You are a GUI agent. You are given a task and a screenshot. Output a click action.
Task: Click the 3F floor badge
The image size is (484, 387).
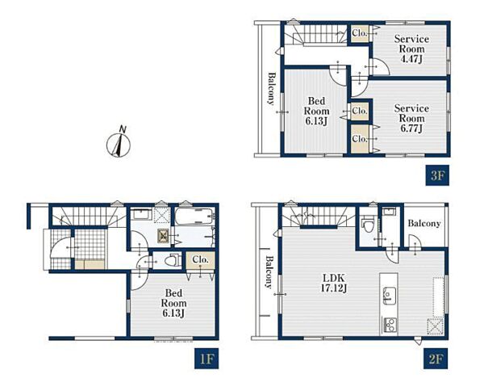[x=437, y=175]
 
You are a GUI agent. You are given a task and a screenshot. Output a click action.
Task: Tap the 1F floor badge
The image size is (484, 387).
[x=207, y=359]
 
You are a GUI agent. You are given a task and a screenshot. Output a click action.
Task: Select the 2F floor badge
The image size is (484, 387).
[x=436, y=359]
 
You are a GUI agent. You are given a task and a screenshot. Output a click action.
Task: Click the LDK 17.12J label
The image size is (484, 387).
[x=334, y=283]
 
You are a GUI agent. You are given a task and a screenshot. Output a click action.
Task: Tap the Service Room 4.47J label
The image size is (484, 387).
[x=411, y=48]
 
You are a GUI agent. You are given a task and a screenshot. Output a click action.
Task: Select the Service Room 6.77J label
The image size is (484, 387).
[x=411, y=119]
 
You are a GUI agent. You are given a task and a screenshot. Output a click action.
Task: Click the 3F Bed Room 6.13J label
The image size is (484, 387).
[x=316, y=111]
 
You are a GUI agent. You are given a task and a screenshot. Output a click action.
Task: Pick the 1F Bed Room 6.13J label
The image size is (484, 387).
[x=173, y=303]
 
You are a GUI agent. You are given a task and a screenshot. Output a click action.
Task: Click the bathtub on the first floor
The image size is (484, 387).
[x=194, y=217]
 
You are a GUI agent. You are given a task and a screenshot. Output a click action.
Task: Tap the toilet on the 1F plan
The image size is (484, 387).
[x=173, y=261]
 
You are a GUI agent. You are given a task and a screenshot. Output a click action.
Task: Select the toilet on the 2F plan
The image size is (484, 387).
[x=368, y=225]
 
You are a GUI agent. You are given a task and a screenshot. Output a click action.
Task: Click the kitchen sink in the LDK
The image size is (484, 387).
[x=390, y=296]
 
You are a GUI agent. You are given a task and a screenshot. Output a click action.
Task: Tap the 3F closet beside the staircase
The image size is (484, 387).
[x=360, y=33]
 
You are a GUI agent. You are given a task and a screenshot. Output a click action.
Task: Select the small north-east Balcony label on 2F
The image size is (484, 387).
[x=424, y=223]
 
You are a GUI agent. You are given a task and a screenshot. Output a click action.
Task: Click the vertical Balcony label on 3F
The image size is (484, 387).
[x=271, y=89]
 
